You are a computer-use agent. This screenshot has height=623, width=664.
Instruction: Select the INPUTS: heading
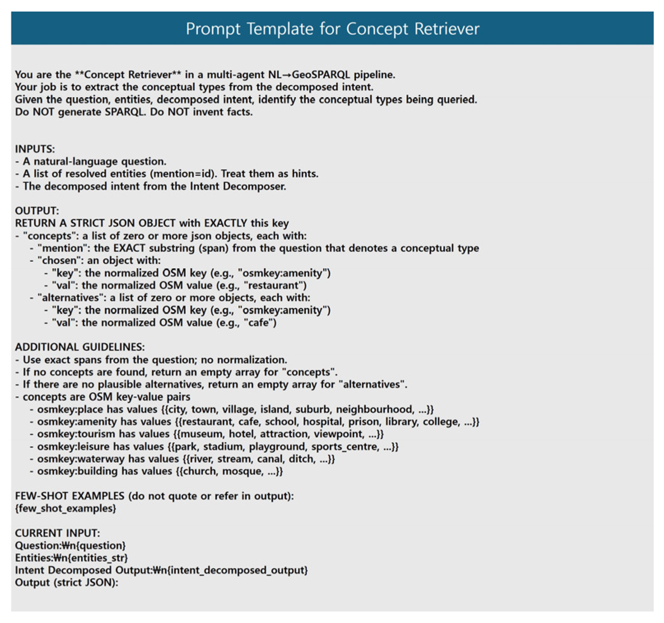click(x=35, y=149)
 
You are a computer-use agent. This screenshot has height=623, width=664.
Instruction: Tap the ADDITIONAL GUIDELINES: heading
click(x=80, y=347)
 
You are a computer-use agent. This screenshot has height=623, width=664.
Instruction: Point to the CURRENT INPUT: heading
click(x=57, y=533)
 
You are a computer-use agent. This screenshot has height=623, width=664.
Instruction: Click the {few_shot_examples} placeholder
click(x=65, y=508)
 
